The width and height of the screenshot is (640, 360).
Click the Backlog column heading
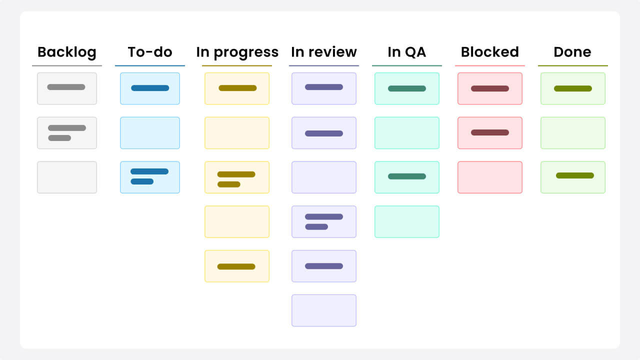pyautogui.click(x=67, y=52)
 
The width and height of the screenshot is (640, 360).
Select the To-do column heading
pyautogui.click(x=150, y=52)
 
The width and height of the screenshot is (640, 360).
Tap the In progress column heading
pyautogui.click(x=237, y=52)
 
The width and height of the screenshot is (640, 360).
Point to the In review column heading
pyautogui.click(x=324, y=52)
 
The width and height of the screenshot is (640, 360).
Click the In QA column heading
pyautogui.click(x=407, y=52)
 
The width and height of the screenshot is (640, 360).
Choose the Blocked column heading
pyautogui.click(x=490, y=52)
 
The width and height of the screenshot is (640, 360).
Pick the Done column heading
pyautogui.click(x=572, y=52)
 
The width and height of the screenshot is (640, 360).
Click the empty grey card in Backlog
pyautogui.click(x=67, y=177)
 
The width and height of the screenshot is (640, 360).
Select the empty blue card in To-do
pyautogui.click(x=150, y=133)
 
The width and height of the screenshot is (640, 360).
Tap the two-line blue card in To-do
pyautogui.click(x=150, y=177)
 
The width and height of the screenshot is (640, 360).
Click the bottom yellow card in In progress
pyautogui.click(x=237, y=266)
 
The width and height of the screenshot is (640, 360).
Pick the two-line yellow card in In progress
pyautogui.click(x=237, y=177)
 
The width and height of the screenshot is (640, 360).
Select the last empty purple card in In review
pyautogui.click(x=324, y=310)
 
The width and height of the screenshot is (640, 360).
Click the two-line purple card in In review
pyautogui.click(x=324, y=221)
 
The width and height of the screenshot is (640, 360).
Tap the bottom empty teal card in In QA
pyautogui.click(x=407, y=221)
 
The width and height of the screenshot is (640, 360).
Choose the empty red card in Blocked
pyautogui.click(x=490, y=177)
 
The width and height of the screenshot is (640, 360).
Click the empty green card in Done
pyautogui.click(x=573, y=133)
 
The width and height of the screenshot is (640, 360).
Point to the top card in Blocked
pyautogui.click(x=490, y=88)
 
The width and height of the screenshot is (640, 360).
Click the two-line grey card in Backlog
pyautogui.click(x=67, y=133)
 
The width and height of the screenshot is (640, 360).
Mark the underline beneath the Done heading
pyautogui.click(x=573, y=65)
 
